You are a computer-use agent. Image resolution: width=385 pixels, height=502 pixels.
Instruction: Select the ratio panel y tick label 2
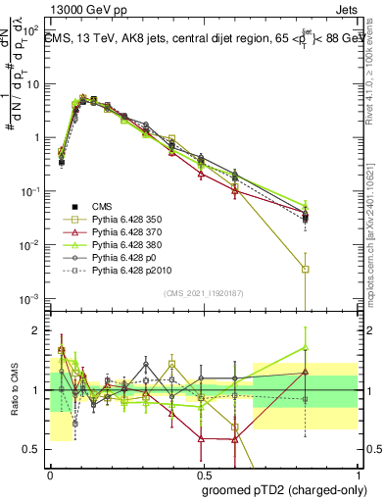point(35,330)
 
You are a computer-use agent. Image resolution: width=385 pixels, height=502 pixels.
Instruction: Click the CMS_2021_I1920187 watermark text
point(204,292)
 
